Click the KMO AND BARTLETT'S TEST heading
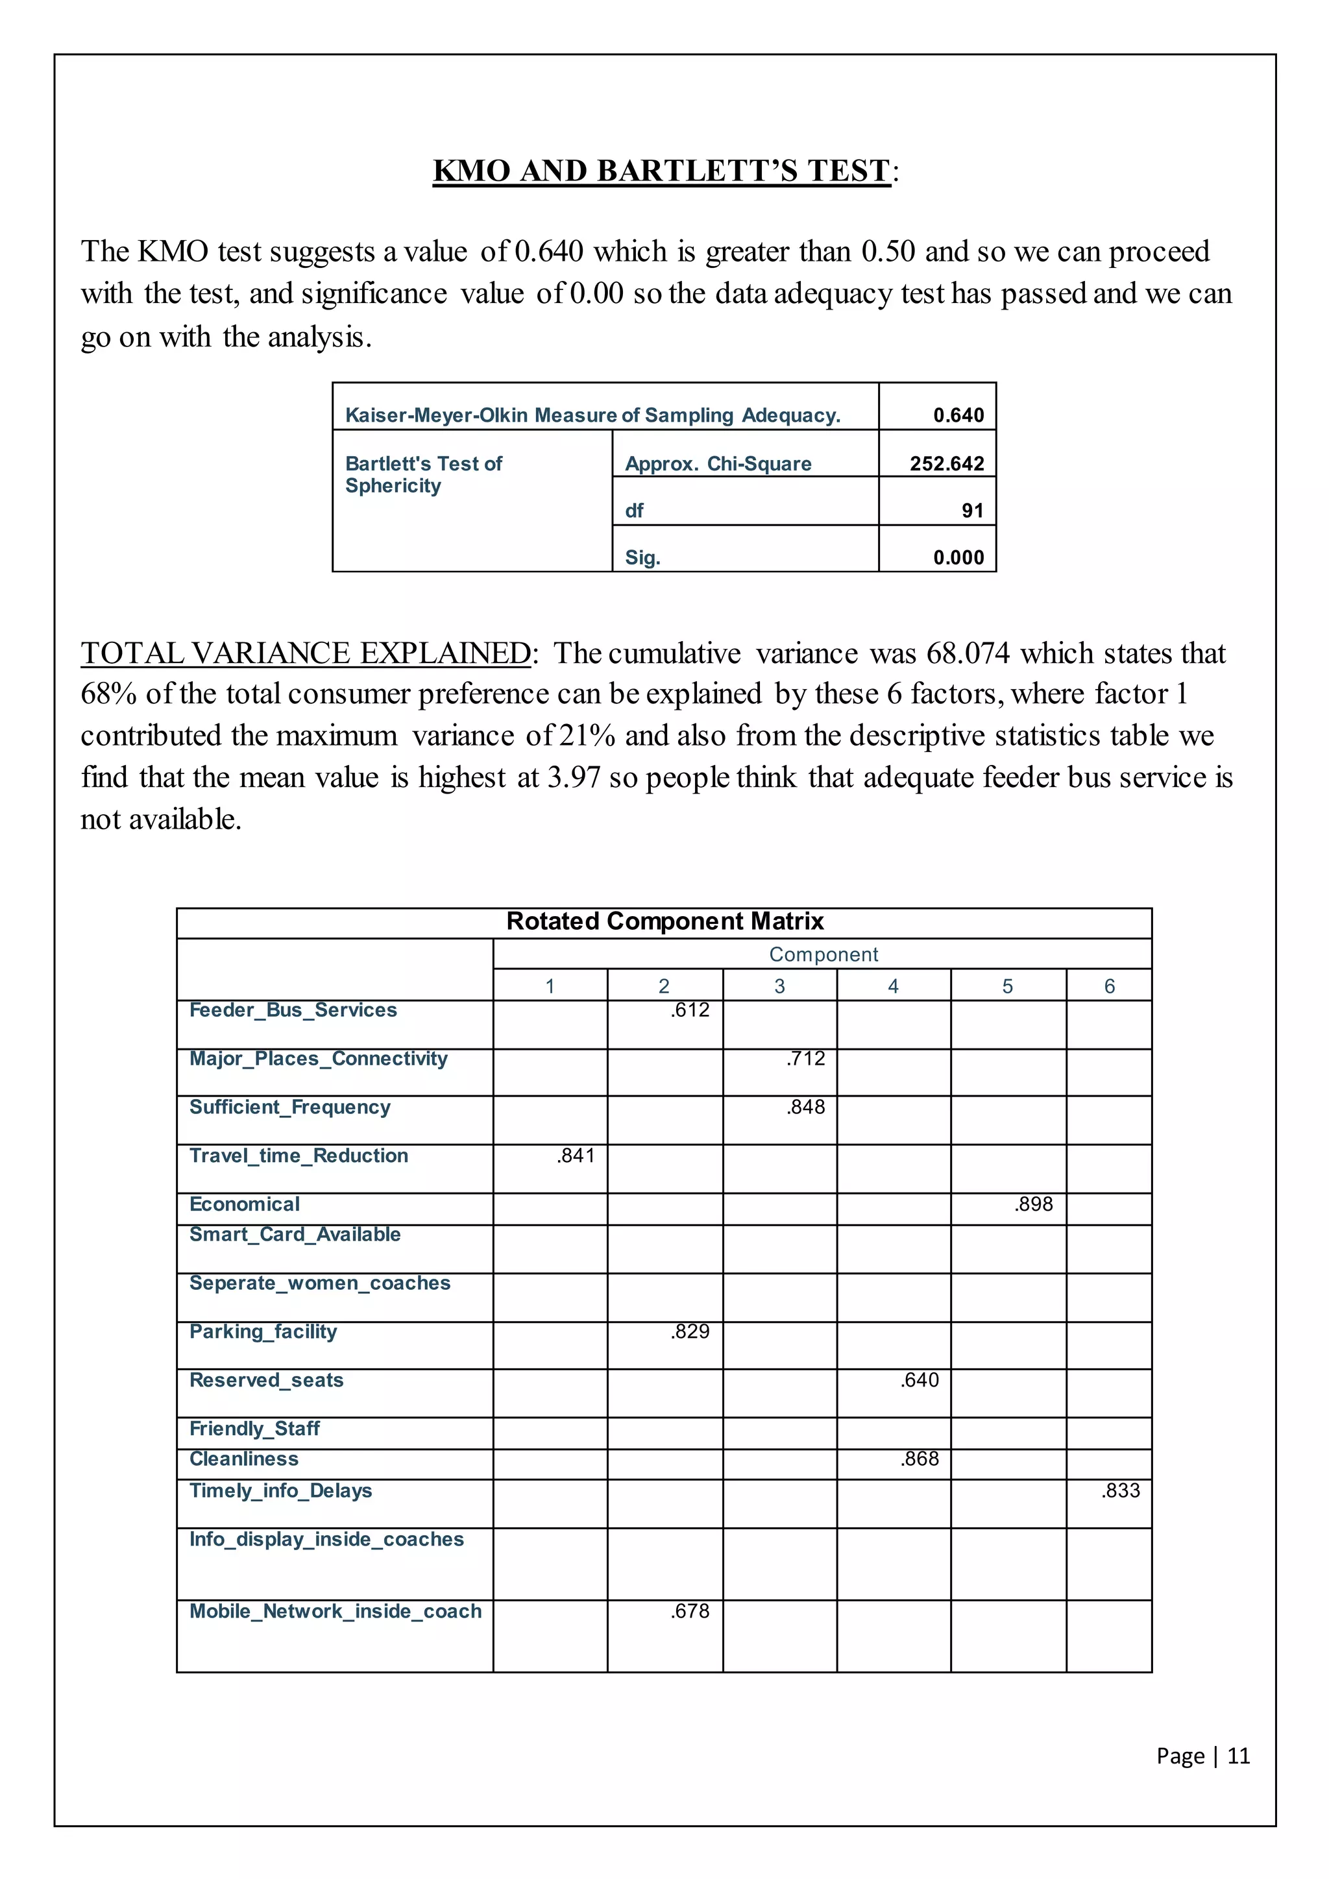coord(661,171)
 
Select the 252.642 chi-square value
coord(946,464)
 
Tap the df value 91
coord(972,511)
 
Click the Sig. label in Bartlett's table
coord(642,558)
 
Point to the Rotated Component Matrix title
coord(664,921)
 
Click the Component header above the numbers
coord(823,954)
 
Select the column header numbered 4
coord(893,986)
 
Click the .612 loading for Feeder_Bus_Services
coord(690,1010)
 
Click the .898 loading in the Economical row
coord(1034,1204)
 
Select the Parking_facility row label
coord(263,1331)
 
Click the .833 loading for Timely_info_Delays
coord(1120,1490)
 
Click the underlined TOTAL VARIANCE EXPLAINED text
coord(305,653)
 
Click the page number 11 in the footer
coord(1238,1756)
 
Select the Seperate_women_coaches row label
coord(320,1283)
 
